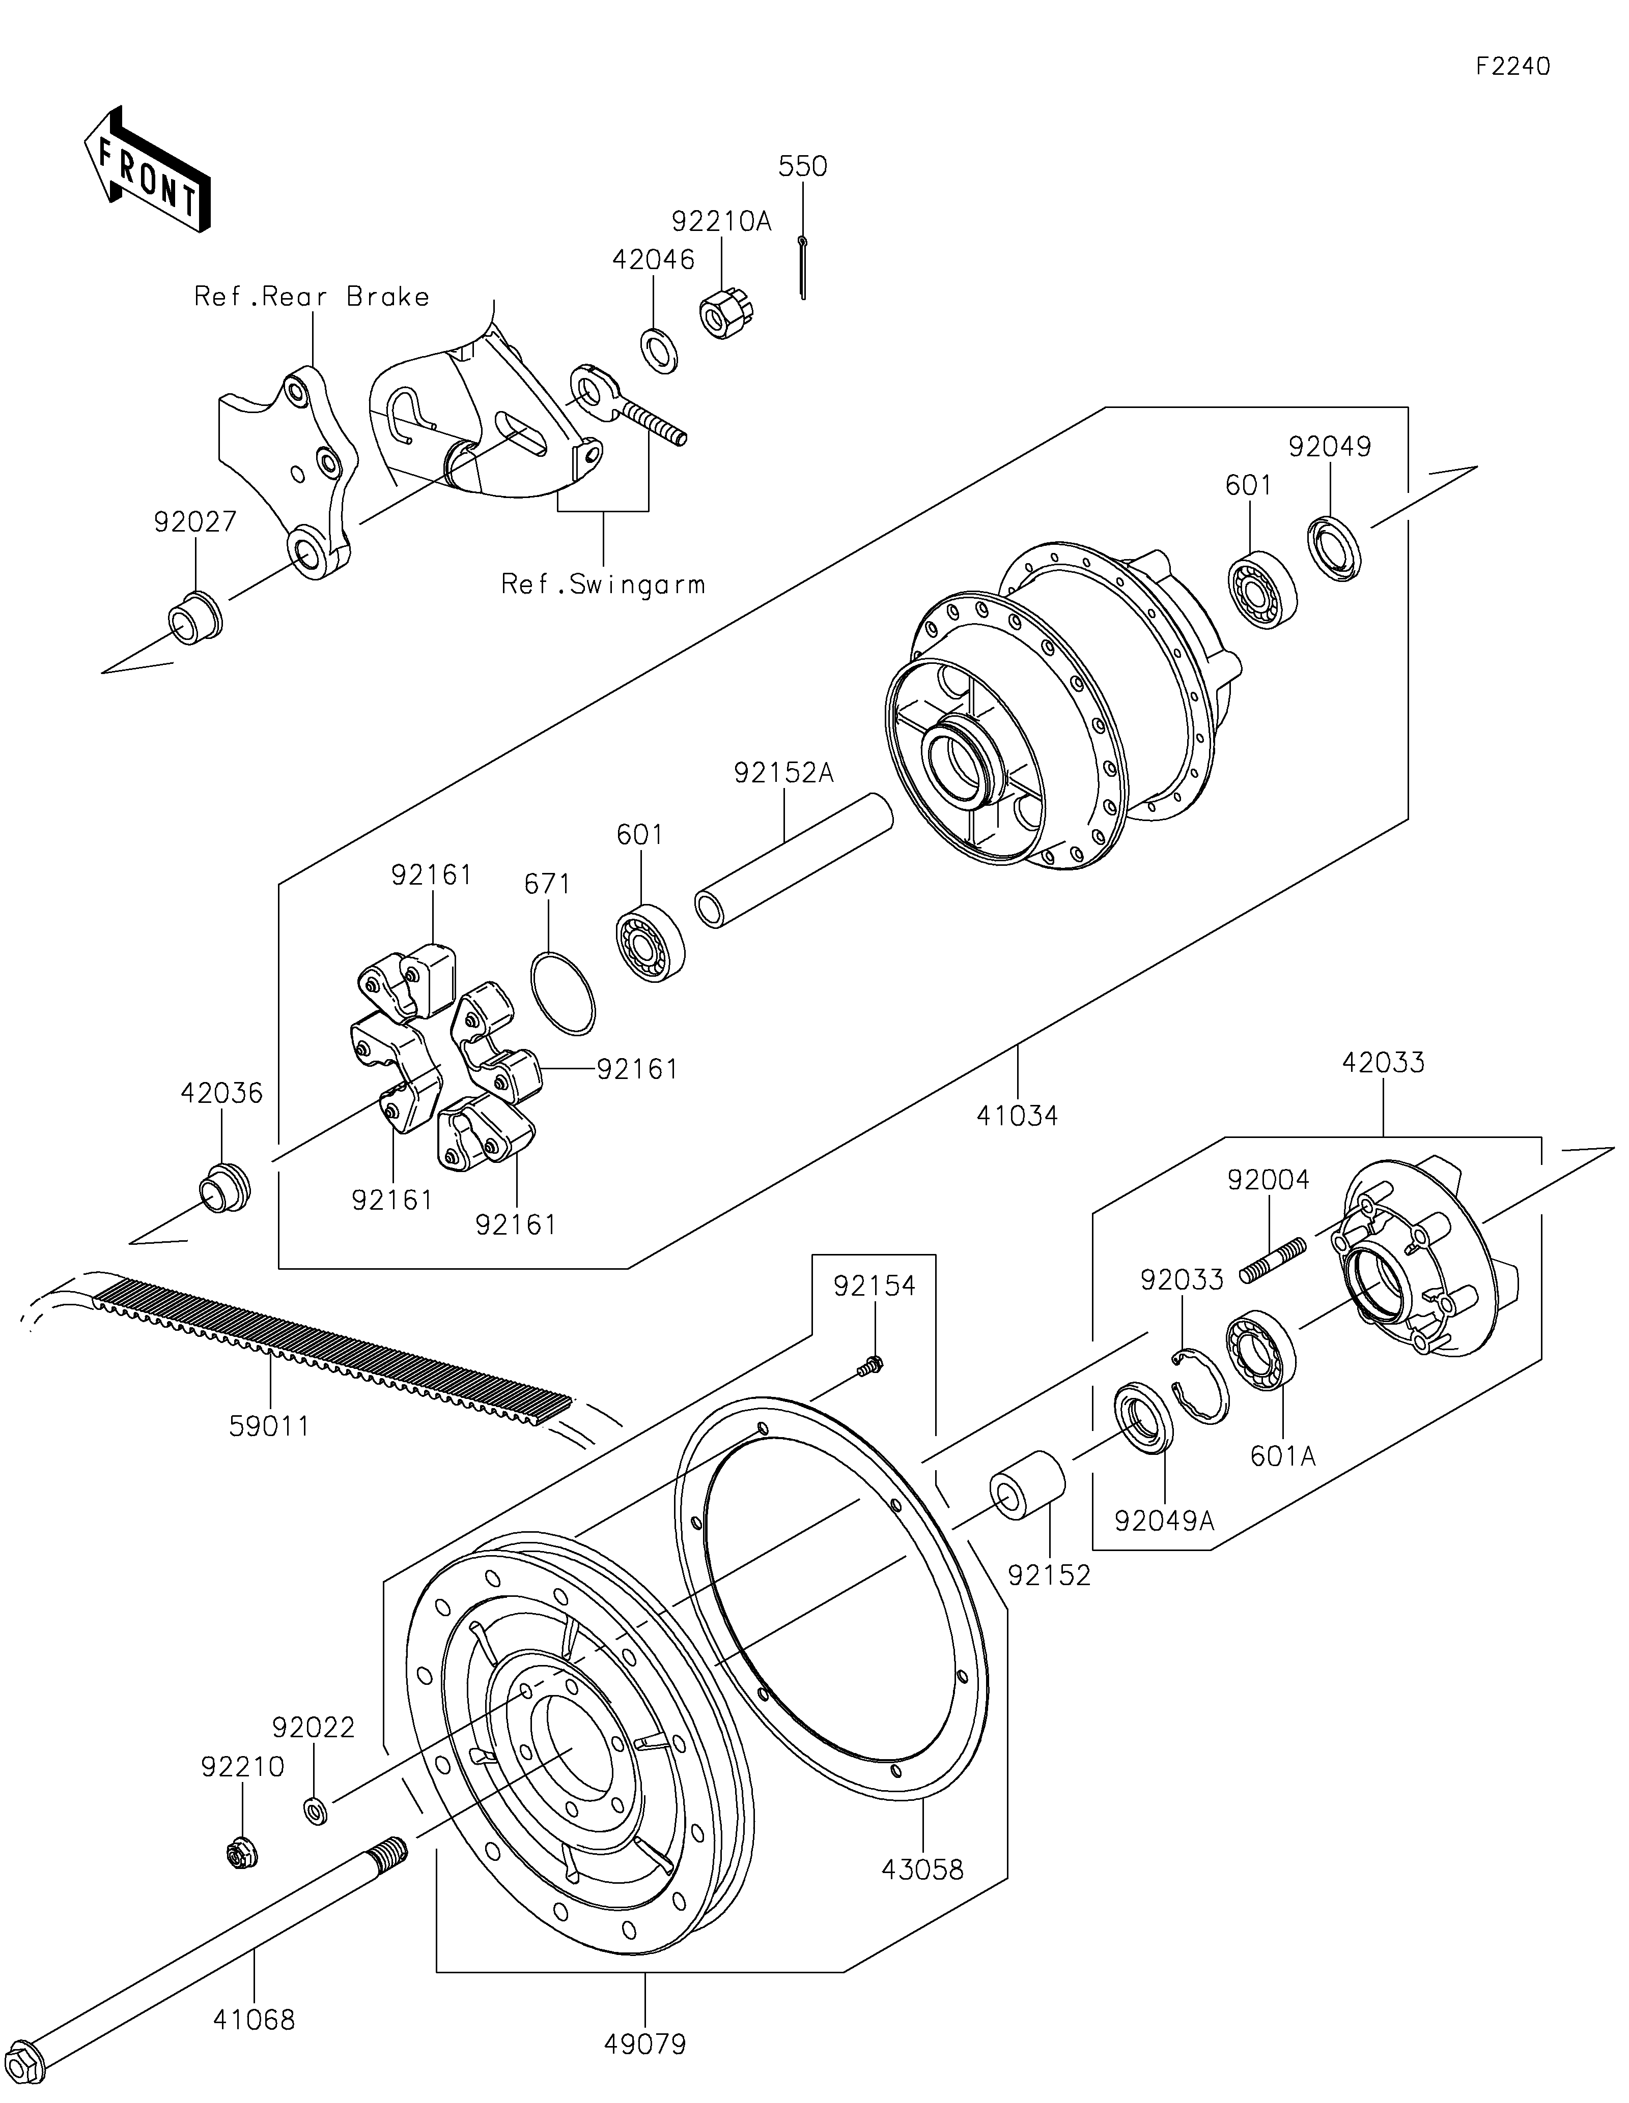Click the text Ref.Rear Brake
pos(312,296)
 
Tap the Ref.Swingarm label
pos(603,583)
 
